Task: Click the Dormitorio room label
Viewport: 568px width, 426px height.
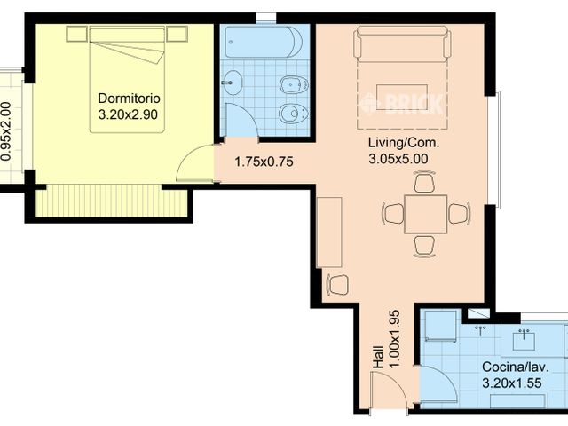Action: coord(129,99)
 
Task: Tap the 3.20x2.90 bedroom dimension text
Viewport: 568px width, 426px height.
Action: coord(128,114)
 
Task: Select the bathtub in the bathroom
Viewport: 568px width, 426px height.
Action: coord(264,42)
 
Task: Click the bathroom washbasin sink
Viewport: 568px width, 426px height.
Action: coord(230,83)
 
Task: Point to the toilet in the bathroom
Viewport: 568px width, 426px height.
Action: coord(294,114)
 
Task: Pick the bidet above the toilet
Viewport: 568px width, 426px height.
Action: coord(294,85)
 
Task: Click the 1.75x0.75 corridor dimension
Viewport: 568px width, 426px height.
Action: coord(264,162)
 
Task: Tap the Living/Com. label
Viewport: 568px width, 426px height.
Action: coord(404,142)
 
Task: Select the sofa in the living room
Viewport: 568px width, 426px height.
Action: coord(402,43)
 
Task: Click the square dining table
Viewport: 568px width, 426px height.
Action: coord(426,214)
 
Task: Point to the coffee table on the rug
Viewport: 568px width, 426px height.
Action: coord(402,97)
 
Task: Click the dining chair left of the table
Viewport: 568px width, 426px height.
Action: coord(393,213)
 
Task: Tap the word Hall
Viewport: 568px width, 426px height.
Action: coord(378,358)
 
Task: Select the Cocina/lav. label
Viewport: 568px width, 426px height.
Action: coord(516,367)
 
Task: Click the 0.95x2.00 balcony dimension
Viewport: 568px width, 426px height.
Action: coord(6,131)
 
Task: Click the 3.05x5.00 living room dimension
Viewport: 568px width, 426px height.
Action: coord(398,159)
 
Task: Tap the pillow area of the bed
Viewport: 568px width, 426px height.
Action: coord(127,35)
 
